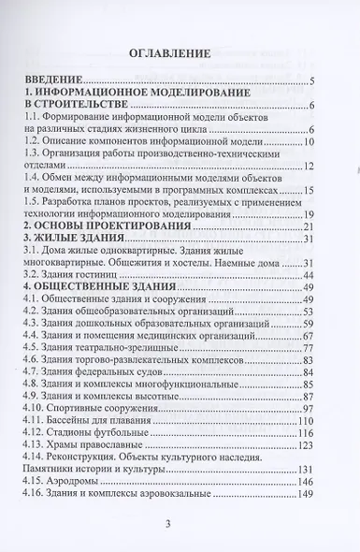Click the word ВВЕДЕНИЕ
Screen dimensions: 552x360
(54, 82)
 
